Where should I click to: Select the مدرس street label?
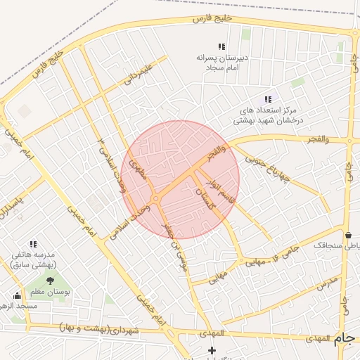327,283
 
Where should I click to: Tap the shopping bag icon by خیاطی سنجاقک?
349,235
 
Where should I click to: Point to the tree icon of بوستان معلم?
49,280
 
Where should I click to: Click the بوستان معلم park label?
50,290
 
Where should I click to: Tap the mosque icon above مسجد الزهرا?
17,295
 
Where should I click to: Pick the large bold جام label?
342,338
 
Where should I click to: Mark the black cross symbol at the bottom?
212,350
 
